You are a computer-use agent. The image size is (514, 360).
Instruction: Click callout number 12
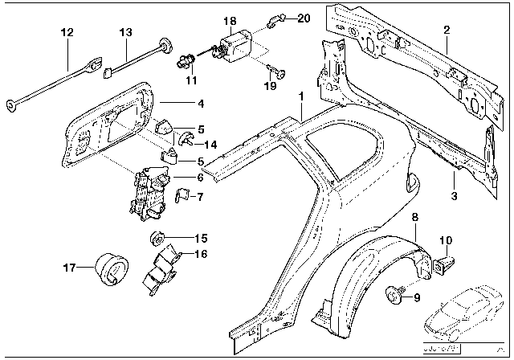pyautogui.click(x=67, y=33)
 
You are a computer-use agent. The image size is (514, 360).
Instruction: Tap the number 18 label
pyautogui.click(x=230, y=20)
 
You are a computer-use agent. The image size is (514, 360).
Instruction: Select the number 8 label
pyautogui.click(x=415, y=217)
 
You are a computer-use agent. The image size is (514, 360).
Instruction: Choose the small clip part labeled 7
pyautogui.click(x=182, y=196)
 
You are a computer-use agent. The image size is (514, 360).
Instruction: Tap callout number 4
pyautogui.click(x=201, y=103)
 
